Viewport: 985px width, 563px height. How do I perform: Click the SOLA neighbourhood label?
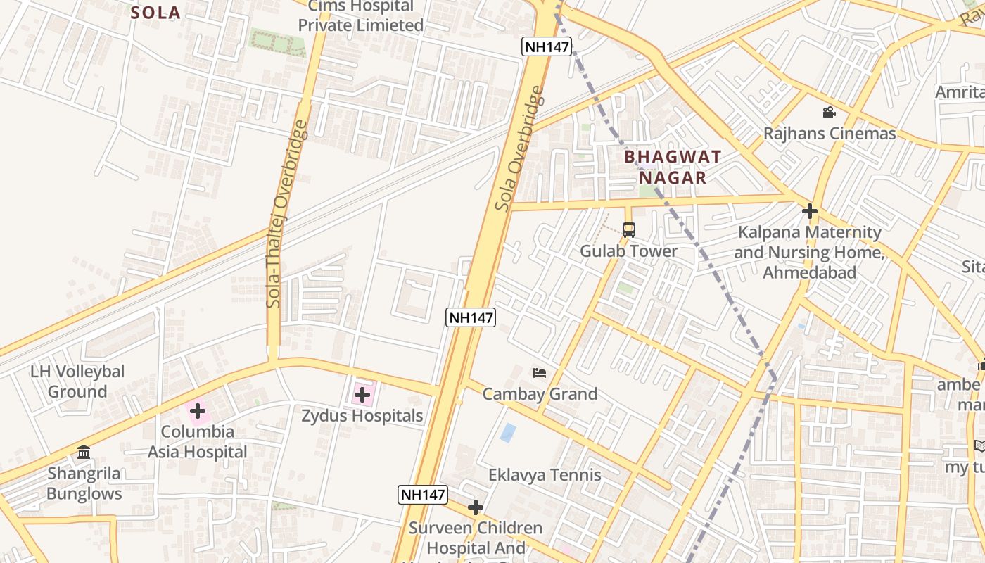coord(156,13)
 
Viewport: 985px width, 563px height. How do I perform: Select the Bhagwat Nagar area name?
coord(673,167)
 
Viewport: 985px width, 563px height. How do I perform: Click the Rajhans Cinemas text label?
coord(830,133)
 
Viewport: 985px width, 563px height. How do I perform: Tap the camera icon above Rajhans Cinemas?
coord(829,112)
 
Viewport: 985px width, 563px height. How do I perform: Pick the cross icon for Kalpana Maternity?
coord(810,210)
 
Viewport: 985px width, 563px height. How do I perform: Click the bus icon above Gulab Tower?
coord(628,229)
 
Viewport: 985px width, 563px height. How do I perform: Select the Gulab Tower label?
coord(628,251)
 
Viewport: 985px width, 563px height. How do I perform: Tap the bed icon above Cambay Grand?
coord(540,372)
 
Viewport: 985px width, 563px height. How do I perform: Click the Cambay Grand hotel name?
coord(540,393)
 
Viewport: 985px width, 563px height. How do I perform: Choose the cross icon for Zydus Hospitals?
coord(362,395)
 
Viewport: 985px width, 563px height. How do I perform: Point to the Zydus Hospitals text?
coord(362,415)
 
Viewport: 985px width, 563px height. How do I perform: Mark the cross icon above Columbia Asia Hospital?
coord(198,410)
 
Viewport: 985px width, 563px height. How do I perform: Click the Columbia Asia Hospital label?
coord(197,441)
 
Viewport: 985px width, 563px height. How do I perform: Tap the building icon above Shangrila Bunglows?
coord(84,452)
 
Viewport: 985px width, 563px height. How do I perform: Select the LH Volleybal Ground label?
coord(77,381)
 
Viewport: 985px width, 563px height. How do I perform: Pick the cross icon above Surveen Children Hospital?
coord(476,507)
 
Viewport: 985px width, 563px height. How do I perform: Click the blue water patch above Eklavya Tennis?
coord(508,432)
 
